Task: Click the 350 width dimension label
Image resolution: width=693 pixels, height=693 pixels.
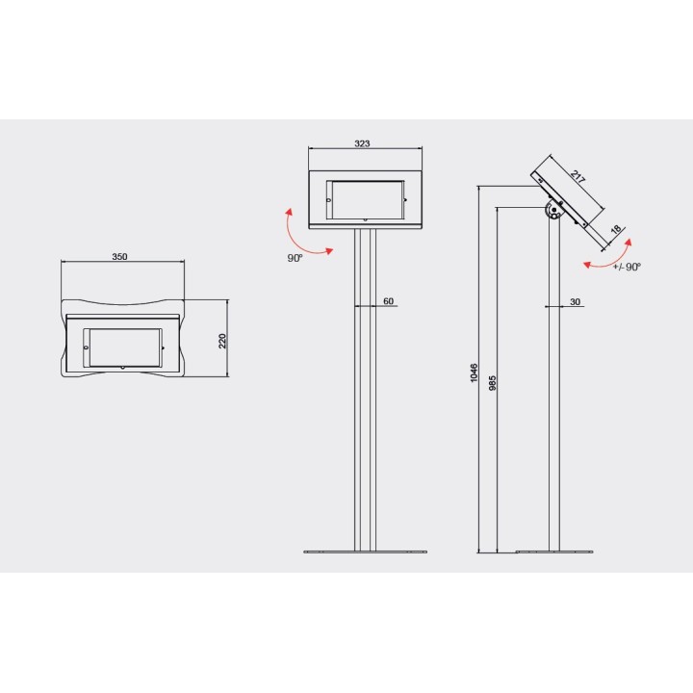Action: coord(119,257)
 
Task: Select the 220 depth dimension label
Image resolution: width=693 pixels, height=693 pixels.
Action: coord(222,341)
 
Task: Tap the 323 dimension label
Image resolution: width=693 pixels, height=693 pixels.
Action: coord(362,143)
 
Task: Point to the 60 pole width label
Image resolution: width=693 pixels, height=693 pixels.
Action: coord(388,301)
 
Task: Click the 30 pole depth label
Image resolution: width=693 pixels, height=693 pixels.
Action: coord(575,302)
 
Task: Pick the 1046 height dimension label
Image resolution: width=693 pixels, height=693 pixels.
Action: coord(475,373)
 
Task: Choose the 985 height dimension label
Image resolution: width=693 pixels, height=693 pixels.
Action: coord(493,383)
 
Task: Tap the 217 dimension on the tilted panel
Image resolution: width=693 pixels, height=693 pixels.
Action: coord(577,177)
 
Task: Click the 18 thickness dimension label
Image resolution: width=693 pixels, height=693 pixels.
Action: coord(616,230)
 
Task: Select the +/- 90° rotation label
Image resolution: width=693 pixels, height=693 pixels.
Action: coord(627,267)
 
